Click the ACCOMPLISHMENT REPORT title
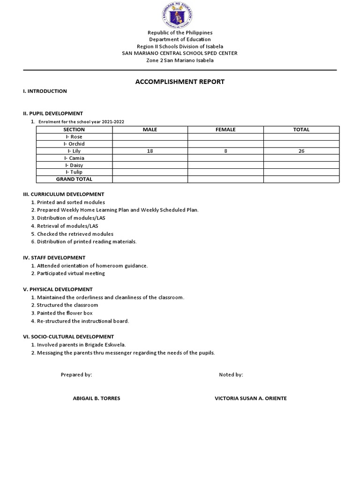pos(180,82)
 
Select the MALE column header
pos(150,129)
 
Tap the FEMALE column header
pos(225,129)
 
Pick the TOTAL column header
pos(301,129)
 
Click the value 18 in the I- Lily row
pos(150,151)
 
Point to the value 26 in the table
pos(301,151)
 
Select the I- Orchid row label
pos(74,144)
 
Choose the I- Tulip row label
pos(74,172)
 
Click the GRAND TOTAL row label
pos(74,179)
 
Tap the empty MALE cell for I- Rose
pos(150,137)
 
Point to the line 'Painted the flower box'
pos(65,313)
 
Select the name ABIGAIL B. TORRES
pos(97,398)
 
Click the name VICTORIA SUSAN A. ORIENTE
pos(250,398)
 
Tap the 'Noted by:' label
pos(231,375)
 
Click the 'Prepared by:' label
pos(76,375)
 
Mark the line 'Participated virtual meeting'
pos(71,273)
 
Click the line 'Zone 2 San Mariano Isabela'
pos(180,60)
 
